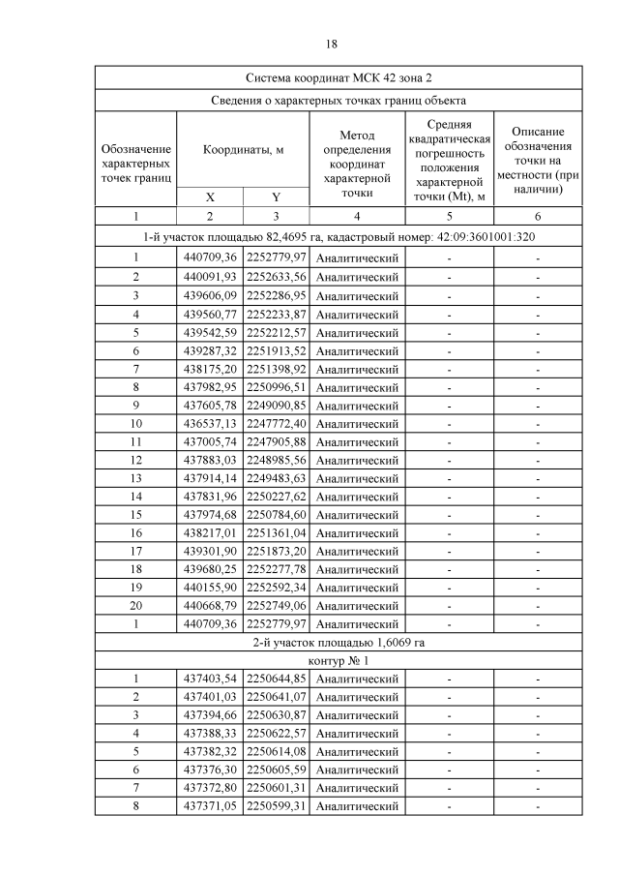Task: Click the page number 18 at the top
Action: point(331,45)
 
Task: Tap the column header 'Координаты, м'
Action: point(243,150)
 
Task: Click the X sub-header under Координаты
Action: point(210,196)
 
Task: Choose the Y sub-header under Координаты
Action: point(276,196)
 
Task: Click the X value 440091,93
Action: point(210,277)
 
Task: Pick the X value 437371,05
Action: point(210,805)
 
